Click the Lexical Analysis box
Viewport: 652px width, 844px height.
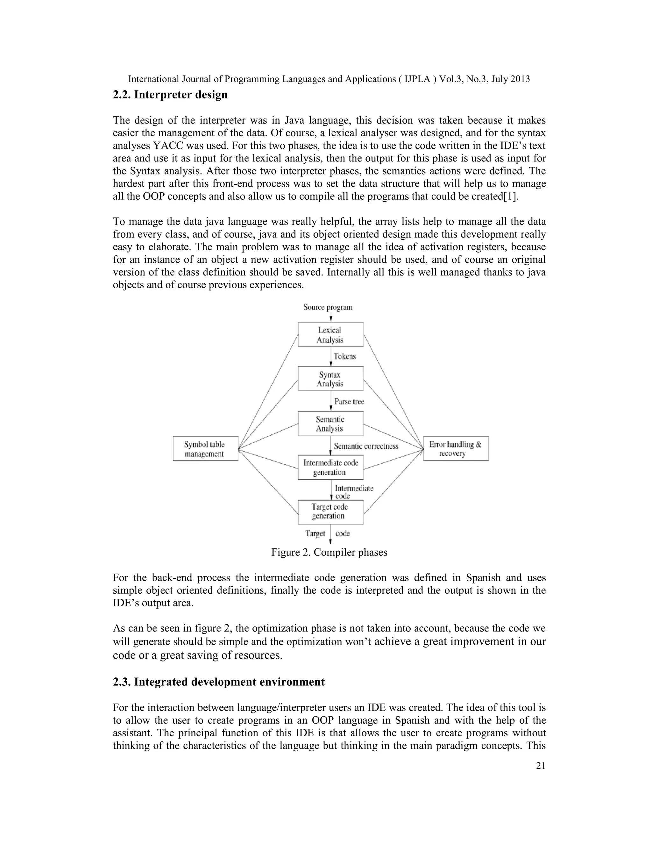[330, 335]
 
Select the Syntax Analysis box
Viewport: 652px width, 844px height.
[330, 379]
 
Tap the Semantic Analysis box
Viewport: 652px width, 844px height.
[330, 424]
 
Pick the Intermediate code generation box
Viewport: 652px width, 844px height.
[330, 467]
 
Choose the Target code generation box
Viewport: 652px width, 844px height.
[330, 512]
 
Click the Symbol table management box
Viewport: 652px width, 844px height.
[205, 449]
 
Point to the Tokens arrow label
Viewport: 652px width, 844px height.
[344, 356]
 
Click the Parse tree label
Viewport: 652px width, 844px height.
[349, 402]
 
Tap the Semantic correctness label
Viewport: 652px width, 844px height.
[366, 446]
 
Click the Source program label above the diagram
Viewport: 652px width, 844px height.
[328, 307]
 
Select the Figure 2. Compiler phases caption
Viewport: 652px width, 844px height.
[329, 552]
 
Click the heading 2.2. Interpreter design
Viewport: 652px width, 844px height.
[170, 95]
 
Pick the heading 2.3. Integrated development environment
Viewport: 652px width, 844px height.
[219, 682]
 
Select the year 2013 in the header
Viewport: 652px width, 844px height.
[520, 79]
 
